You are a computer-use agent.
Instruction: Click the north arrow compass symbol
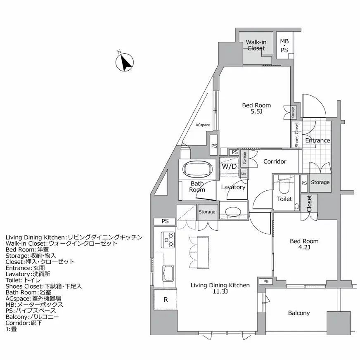124,62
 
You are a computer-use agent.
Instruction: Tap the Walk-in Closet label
256,45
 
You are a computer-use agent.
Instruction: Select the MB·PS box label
284,45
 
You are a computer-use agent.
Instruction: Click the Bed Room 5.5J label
256,109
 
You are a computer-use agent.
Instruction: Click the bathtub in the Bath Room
197,169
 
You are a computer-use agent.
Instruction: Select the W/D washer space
229,167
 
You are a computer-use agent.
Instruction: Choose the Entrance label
317,140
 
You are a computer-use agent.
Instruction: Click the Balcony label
298,313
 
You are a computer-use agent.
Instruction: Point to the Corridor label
275,161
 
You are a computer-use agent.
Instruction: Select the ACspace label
203,124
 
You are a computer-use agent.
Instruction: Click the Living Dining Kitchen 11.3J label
220,288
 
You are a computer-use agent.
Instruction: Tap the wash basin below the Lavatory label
233,211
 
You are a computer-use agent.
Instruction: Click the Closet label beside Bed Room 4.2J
309,203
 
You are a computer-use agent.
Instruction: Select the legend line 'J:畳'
11,329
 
